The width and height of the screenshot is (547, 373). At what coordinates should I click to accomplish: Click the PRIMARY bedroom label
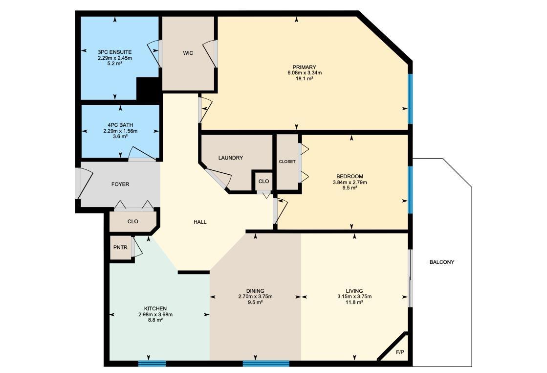[x=304, y=68]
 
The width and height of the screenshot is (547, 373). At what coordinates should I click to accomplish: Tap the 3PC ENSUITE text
[x=114, y=52]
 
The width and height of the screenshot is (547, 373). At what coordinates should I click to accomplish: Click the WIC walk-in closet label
[x=188, y=53]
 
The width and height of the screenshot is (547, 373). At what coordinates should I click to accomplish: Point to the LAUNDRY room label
[x=231, y=158]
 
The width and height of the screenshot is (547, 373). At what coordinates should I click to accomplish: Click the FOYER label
[x=120, y=185]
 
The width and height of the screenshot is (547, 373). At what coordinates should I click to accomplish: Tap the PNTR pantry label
[x=120, y=248]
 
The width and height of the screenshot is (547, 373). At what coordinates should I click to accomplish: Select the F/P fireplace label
[x=399, y=352]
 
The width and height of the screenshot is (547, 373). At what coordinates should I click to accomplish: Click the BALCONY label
[x=442, y=262]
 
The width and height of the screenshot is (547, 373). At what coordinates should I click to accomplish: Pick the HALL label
[x=200, y=222]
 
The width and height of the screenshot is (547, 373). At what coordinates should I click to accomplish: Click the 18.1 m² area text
[x=304, y=78]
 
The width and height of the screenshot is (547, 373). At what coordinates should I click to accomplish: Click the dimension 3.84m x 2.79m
[x=350, y=182]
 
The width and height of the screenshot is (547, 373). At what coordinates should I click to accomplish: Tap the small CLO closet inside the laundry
[x=263, y=181]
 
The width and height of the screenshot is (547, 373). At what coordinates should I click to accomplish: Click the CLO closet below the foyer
[x=132, y=221]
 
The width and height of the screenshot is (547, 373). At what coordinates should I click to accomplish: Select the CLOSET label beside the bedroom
[x=287, y=162]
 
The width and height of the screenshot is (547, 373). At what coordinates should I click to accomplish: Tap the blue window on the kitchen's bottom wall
[x=152, y=363]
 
